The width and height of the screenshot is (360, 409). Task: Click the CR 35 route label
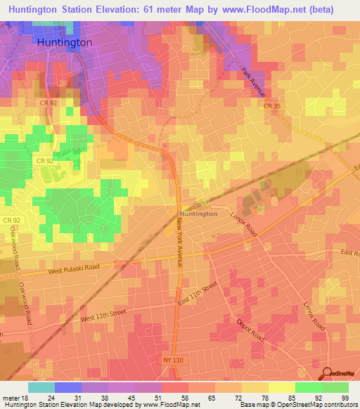273,106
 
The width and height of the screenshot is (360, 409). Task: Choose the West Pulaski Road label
79,268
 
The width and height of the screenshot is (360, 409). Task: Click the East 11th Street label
199,292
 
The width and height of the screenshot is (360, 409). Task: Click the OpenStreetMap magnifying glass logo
328,372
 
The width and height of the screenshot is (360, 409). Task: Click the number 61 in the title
156,9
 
